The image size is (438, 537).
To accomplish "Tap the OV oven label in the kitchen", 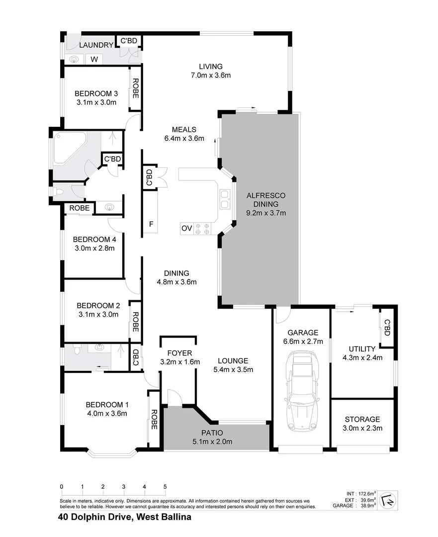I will [186, 228].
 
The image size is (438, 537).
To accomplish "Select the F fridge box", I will [151, 224].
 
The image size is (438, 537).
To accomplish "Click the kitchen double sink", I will [224, 199].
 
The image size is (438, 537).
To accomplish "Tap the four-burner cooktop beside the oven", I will [202, 228].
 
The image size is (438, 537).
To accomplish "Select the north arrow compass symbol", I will [386, 500].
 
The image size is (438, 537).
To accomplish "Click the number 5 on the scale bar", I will [165, 487].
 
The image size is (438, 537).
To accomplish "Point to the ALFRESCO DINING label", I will [265, 199].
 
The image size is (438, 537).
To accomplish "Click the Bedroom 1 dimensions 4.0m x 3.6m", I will [106, 413].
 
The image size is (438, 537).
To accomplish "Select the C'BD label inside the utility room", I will [386, 327].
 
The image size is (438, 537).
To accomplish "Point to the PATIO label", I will [212, 433].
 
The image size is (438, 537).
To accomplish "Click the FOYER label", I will [180, 354].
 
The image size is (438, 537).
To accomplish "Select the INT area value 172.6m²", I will [365, 493].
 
